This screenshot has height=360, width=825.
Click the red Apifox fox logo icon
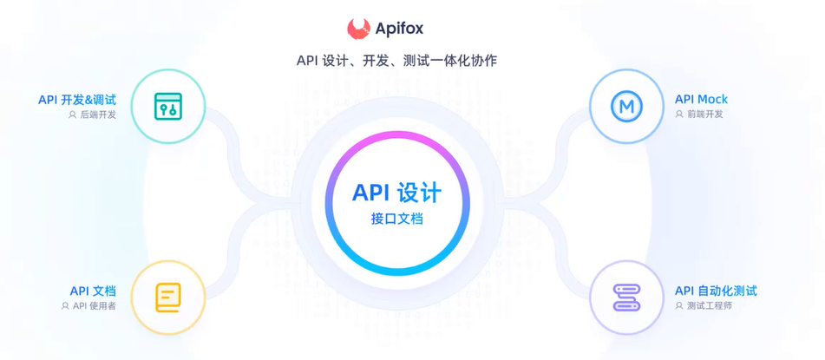(x=358, y=29)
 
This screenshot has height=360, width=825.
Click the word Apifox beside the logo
(x=399, y=29)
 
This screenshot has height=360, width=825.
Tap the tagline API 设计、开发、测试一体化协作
(x=396, y=61)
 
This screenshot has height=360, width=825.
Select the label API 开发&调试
(x=77, y=100)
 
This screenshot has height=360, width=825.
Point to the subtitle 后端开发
(x=98, y=115)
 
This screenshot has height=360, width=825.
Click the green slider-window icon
(x=167, y=106)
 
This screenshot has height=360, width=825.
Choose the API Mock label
(x=701, y=100)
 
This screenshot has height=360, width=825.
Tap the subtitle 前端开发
(x=705, y=114)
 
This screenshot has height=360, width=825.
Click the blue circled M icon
(x=626, y=107)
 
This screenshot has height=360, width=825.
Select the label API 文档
(x=93, y=291)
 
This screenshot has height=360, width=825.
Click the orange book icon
(x=167, y=298)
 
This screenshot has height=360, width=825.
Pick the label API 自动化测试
(x=716, y=291)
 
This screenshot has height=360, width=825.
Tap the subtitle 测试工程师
(x=710, y=306)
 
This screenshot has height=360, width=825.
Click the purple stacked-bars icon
(x=626, y=298)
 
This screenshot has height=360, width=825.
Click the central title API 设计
(x=396, y=193)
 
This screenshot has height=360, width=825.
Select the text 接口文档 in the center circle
(x=396, y=219)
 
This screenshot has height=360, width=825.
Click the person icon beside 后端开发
(x=73, y=115)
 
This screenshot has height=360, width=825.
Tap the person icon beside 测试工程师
(x=680, y=306)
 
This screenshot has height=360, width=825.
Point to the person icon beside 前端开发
(x=680, y=114)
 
